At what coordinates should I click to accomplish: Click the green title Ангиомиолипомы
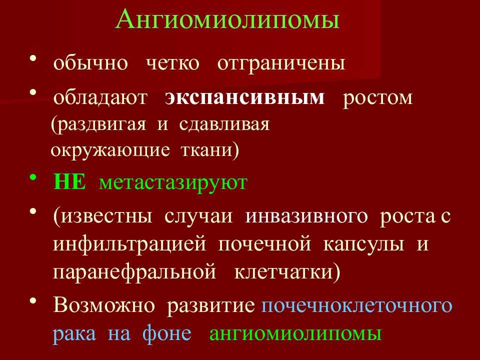[228, 19]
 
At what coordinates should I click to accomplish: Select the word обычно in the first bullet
[90, 63]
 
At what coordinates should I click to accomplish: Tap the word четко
[172, 63]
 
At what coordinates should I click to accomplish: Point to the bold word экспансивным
[244, 97]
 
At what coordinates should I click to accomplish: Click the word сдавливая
[224, 124]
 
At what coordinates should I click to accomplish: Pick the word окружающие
[110, 150]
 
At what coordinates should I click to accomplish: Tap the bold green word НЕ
[69, 182]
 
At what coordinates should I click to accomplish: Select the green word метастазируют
[173, 183]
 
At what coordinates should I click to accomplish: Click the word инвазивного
[306, 216]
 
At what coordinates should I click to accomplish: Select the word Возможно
[104, 305]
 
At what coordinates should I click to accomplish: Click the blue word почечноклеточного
[357, 305]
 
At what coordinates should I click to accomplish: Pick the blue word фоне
[167, 333]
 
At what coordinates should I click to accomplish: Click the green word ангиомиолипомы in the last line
[295, 333]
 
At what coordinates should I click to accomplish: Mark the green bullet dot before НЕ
[33, 177]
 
